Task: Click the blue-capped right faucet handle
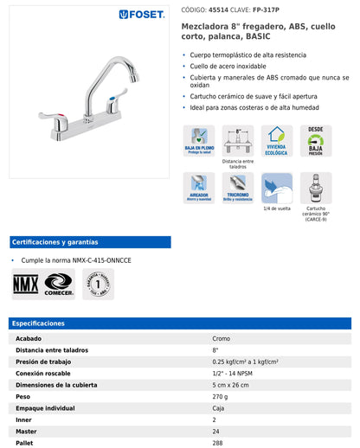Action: coord(112,107)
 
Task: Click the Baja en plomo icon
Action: coord(199,140)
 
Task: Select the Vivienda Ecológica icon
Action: coord(278,140)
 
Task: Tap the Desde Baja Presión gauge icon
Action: coord(316,140)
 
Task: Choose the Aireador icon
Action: coord(199,187)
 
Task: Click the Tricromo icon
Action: coord(238,187)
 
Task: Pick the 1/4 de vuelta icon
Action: coord(277,187)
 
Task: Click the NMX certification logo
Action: coord(25,284)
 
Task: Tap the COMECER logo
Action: coord(59,284)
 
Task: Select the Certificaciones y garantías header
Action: coord(55,242)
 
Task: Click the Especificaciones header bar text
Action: coord(38,323)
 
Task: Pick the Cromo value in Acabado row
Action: coord(222,338)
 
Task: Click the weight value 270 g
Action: coord(222,395)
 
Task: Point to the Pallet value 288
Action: coord(218,441)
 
